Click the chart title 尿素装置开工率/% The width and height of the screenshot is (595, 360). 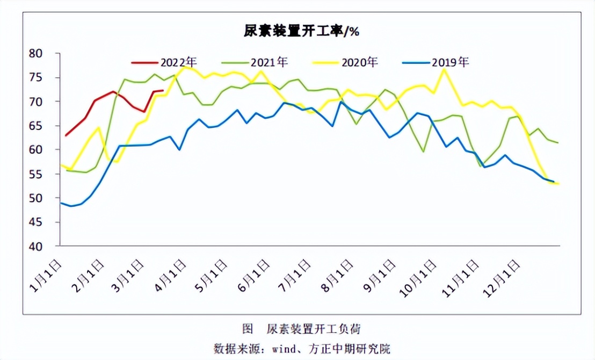(301, 31)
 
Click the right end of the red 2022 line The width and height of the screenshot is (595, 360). (163, 91)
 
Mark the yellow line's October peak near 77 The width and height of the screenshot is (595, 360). (444, 69)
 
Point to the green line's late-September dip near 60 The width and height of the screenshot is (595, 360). (424, 152)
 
